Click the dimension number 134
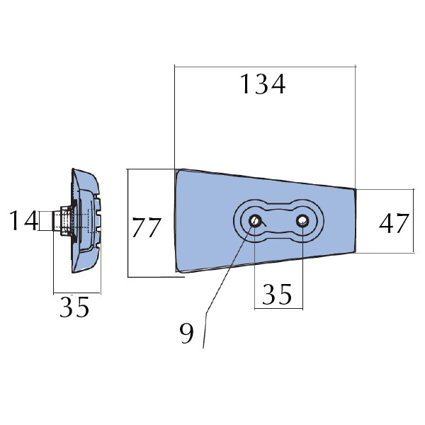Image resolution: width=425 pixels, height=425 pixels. (263, 84)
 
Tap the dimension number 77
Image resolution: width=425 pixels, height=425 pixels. (147, 227)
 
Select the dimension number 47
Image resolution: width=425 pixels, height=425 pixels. (394, 223)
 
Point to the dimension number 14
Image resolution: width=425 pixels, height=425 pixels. (23, 220)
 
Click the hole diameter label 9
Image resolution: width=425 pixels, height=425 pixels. (186, 333)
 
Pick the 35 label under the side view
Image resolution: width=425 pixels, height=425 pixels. (74, 307)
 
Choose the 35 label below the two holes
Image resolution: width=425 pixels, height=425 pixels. (277, 294)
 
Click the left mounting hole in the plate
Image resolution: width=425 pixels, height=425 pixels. (255, 221)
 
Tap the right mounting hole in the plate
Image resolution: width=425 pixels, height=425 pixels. (302, 221)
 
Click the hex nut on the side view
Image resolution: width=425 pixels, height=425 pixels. (65, 220)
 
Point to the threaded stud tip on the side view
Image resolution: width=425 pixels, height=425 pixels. (54, 220)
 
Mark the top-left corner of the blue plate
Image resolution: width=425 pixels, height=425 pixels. (176, 170)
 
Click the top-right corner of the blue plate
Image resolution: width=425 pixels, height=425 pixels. (355, 189)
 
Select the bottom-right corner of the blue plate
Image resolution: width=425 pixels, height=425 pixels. (355, 251)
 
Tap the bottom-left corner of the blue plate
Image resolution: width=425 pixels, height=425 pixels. (176, 271)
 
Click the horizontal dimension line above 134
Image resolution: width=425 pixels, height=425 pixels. (265, 66)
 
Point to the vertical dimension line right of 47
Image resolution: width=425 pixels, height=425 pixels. (414, 221)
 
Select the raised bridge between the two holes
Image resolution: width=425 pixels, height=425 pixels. (278, 221)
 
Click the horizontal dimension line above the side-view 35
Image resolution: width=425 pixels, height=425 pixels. (77, 293)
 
